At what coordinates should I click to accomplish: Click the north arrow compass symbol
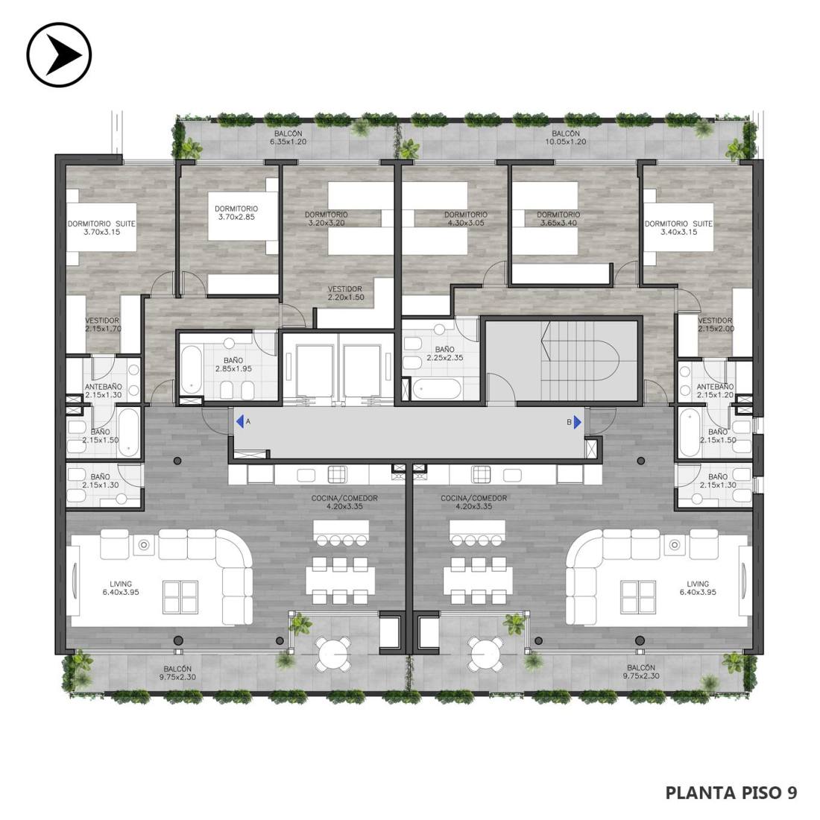pyautogui.click(x=59, y=54)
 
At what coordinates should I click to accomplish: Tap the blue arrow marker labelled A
pyautogui.click(x=239, y=421)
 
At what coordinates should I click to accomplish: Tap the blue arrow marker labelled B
pyautogui.click(x=577, y=422)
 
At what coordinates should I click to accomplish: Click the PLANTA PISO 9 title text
pyautogui.click(x=731, y=792)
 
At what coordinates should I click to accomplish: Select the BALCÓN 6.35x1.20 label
pyautogui.click(x=288, y=138)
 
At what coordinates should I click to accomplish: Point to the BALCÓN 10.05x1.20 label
pyautogui.click(x=565, y=138)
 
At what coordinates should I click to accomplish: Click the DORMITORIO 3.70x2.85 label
pyautogui.click(x=236, y=213)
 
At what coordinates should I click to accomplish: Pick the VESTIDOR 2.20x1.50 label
pyautogui.click(x=345, y=293)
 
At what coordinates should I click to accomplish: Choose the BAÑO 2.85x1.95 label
pyautogui.click(x=233, y=365)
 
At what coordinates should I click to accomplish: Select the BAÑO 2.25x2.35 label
pyautogui.click(x=444, y=353)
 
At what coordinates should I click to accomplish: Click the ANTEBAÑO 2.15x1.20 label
pyautogui.click(x=716, y=391)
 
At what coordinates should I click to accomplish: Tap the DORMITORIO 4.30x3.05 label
pyautogui.click(x=465, y=218)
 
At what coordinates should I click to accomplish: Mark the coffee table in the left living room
pyautogui.click(x=180, y=596)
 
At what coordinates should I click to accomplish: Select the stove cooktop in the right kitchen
pyautogui.click(x=482, y=474)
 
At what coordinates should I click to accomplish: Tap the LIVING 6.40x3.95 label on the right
pyautogui.click(x=698, y=588)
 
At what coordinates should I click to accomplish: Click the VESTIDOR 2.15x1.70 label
pyautogui.click(x=103, y=324)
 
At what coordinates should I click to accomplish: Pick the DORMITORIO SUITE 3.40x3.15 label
pyautogui.click(x=678, y=227)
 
